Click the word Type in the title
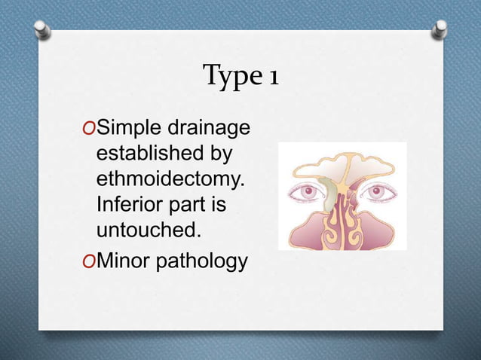(228, 76)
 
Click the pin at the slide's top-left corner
(43, 29)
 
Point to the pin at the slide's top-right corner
(440, 29)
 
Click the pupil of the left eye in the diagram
(309, 191)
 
